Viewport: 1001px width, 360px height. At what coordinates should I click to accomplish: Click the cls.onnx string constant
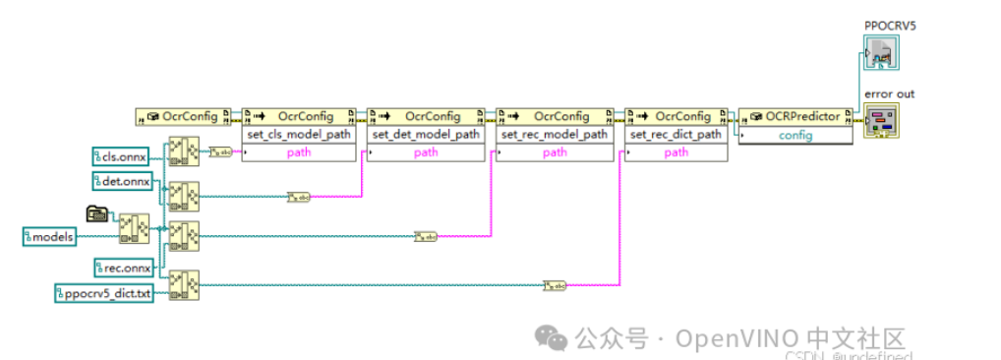coord(119,155)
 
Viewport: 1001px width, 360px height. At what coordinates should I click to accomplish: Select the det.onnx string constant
coord(119,180)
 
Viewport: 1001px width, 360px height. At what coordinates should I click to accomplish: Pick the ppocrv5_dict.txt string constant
coord(103,293)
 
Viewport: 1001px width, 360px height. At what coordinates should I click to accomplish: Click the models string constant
coord(50,236)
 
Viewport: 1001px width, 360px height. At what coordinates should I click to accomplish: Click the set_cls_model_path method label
coord(299,134)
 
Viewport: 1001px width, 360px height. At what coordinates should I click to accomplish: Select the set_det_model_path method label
coord(427,134)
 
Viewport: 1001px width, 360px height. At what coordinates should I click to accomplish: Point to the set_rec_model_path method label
coord(555,134)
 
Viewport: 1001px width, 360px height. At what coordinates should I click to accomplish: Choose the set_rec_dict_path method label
coord(677,134)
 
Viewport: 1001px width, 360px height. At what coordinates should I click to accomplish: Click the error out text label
coord(889,93)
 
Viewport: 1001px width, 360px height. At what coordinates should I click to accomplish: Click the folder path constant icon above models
coord(97,211)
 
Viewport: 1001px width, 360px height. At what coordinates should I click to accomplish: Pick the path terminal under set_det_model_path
coord(427,152)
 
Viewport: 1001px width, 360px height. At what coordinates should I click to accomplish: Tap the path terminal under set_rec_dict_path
coord(677,152)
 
